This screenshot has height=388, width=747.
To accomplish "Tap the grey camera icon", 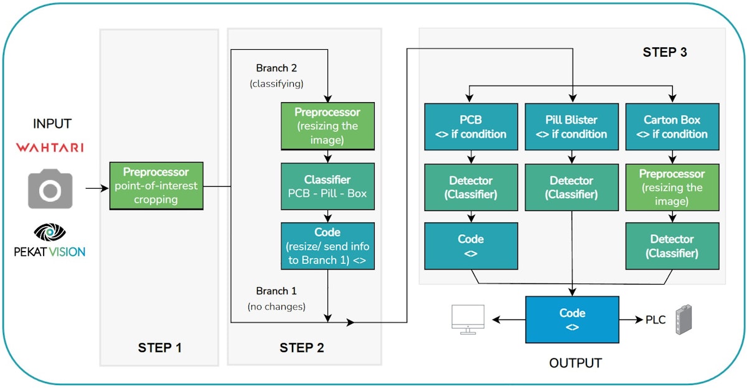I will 50,188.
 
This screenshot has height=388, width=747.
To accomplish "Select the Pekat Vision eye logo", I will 50,232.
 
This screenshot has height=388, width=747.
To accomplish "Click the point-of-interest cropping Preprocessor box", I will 156,185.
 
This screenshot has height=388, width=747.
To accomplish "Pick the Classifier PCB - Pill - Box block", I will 327,186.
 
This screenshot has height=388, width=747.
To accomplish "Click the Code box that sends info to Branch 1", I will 327,246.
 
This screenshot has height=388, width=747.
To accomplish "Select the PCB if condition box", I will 471,126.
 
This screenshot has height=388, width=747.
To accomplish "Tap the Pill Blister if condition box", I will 571,126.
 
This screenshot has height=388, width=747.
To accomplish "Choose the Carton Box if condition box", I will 672,126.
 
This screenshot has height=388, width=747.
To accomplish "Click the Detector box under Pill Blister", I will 571,187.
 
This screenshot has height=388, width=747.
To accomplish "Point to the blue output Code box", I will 572,319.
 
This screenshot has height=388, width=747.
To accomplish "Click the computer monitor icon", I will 468,319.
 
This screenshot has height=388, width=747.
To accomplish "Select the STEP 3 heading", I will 664,52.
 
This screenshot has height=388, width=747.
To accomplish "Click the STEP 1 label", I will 159,347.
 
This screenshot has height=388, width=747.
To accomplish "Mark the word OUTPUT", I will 575,362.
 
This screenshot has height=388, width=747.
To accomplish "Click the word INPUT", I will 52,124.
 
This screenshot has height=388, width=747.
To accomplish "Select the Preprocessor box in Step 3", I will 672,187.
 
